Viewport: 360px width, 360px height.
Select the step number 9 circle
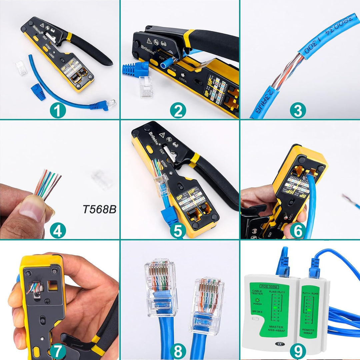(x=298, y=351)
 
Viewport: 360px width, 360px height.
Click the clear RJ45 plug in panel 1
(x=21, y=68)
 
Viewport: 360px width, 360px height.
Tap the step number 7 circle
(x=58, y=351)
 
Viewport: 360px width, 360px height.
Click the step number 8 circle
(x=178, y=351)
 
